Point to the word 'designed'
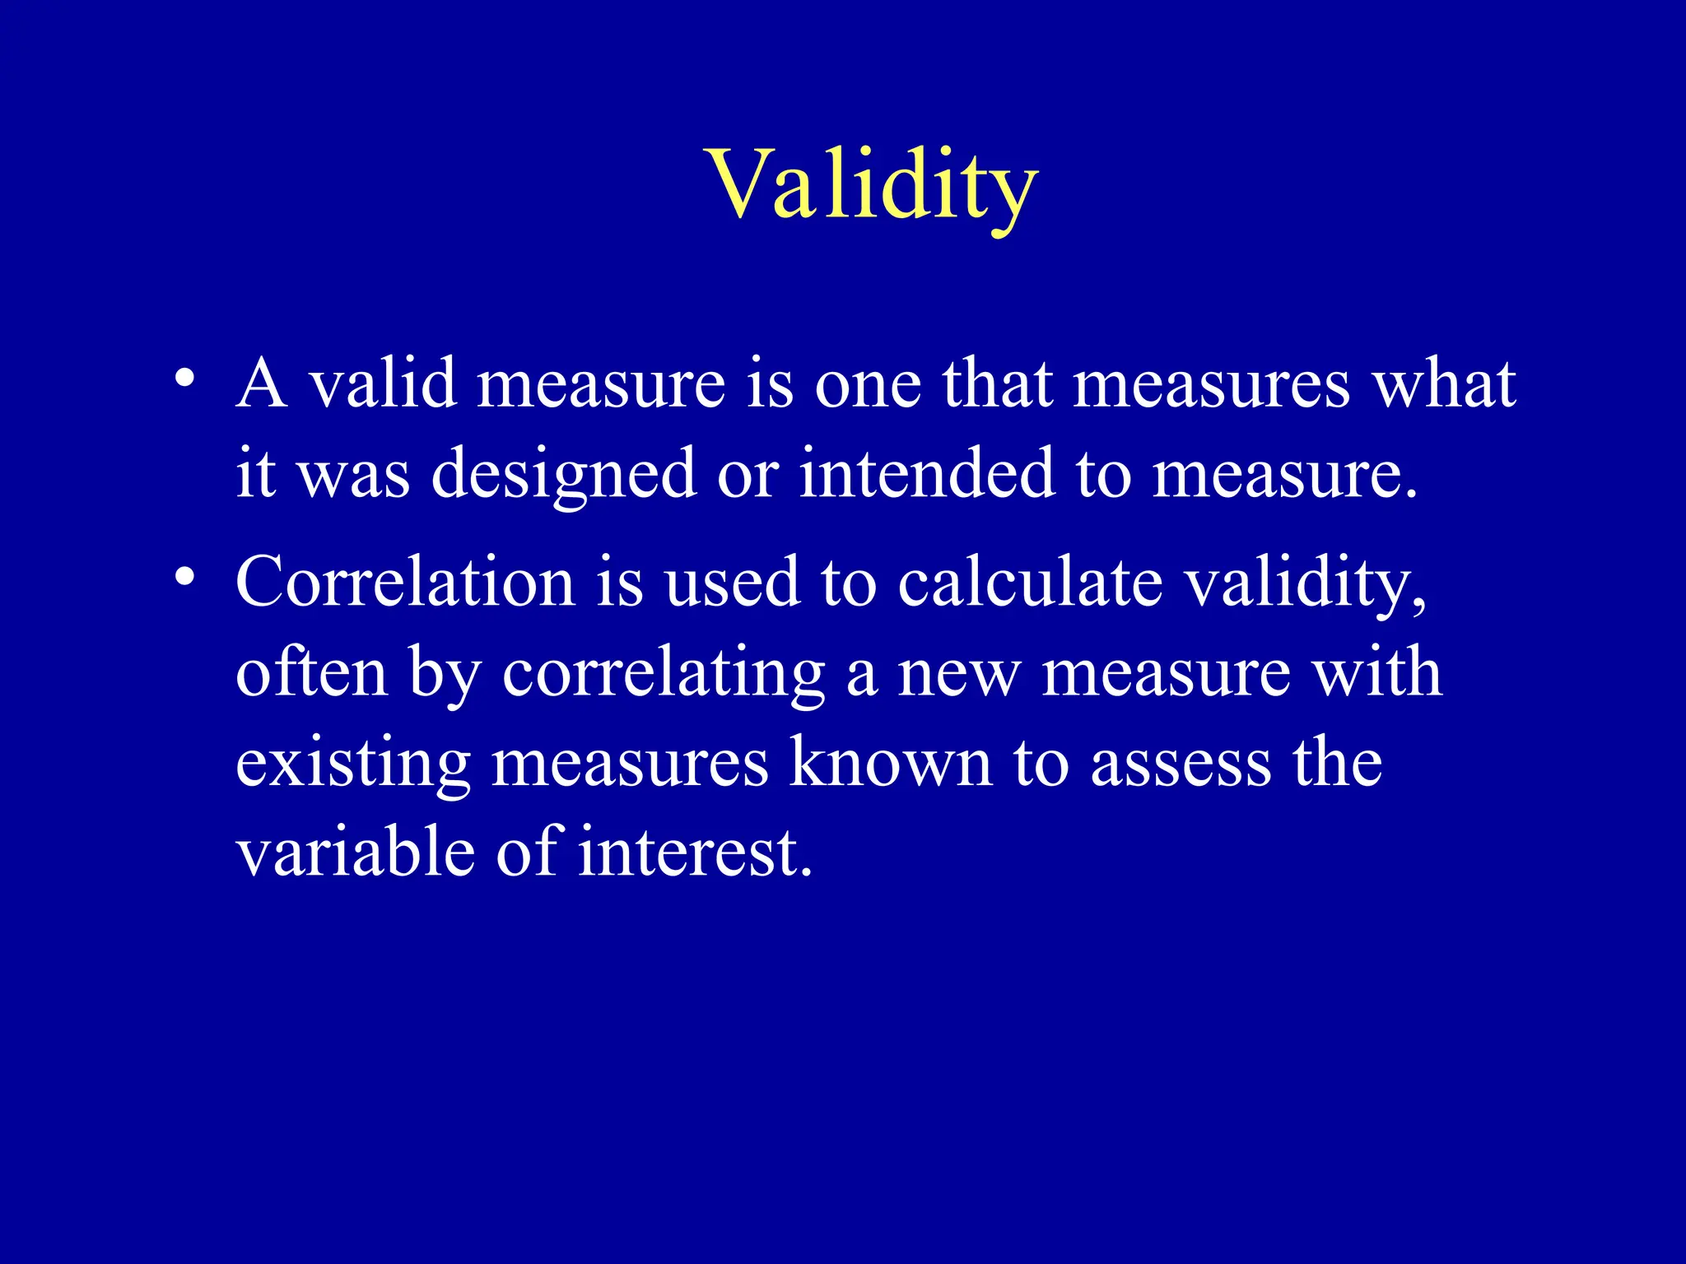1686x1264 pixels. point(563,475)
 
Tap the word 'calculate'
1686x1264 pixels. point(1029,582)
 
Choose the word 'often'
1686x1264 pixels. point(311,672)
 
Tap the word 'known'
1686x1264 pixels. point(891,763)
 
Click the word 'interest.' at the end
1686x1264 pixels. point(695,853)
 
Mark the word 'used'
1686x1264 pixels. point(731,582)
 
